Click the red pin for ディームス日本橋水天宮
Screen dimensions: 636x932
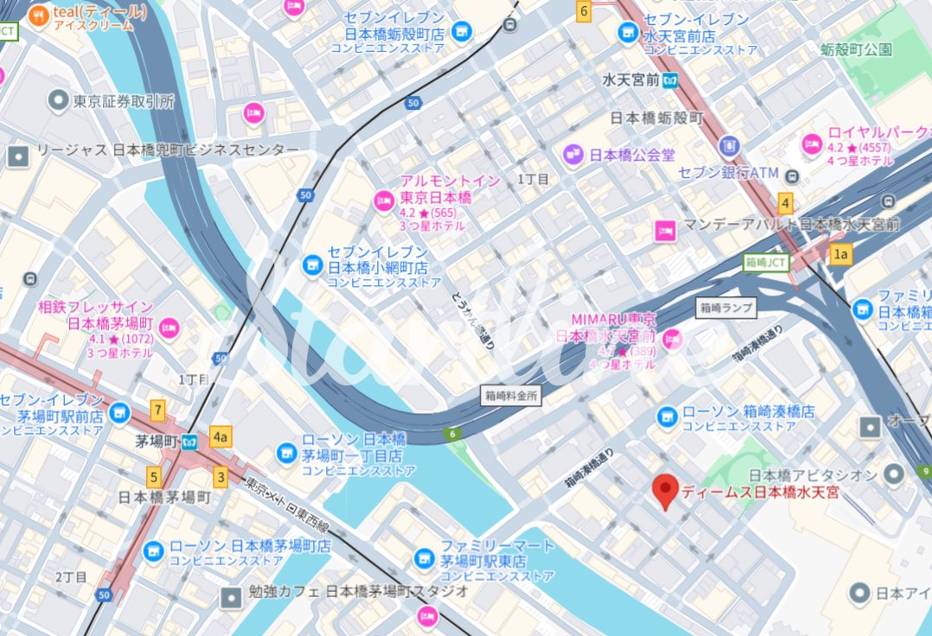(x=665, y=490)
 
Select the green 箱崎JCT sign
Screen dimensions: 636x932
(x=767, y=262)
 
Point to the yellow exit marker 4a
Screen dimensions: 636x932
(x=220, y=437)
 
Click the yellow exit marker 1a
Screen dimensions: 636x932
(x=840, y=254)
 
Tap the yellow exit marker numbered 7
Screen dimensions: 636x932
(x=157, y=410)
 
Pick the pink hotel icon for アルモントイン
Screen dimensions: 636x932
(x=384, y=200)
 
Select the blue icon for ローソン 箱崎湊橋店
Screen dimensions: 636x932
(x=667, y=417)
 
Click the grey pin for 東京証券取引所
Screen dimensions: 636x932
(x=59, y=101)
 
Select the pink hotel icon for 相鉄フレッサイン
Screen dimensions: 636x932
(x=169, y=327)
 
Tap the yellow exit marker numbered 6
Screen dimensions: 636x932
(x=584, y=11)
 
